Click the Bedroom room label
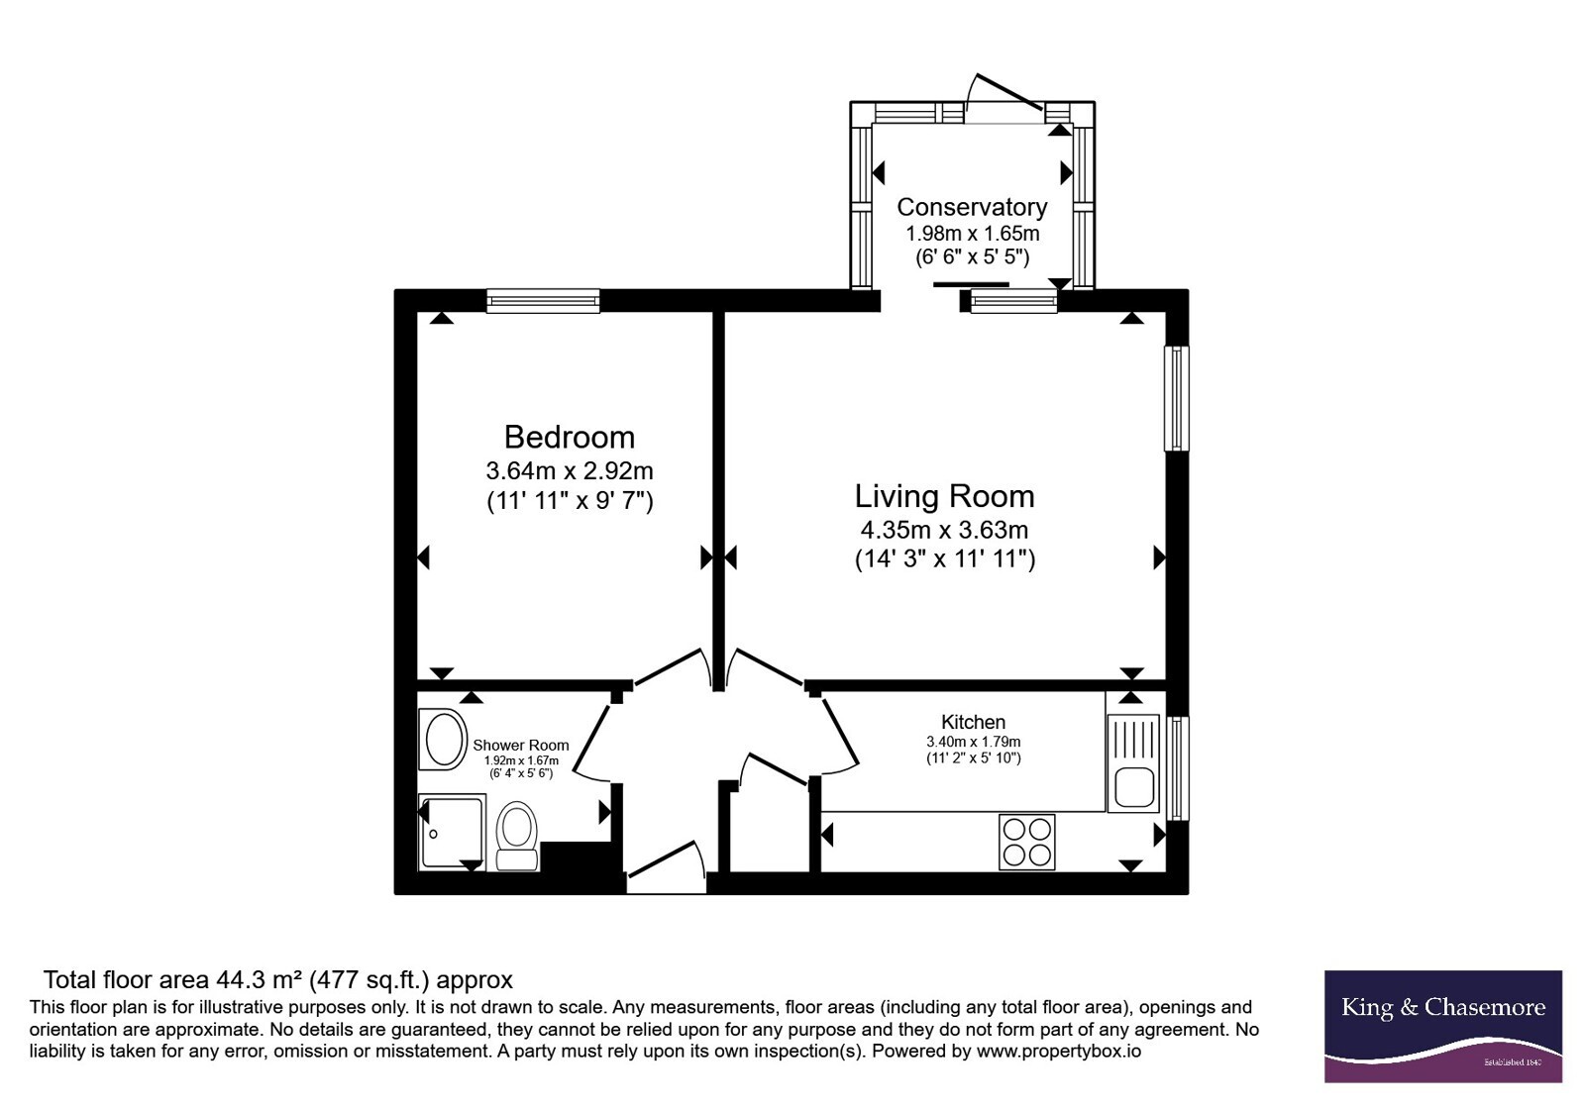click(569, 437)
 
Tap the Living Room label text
click(945, 496)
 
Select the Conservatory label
click(972, 207)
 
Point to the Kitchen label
click(973, 722)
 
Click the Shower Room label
click(521, 745)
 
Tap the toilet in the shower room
click(516, 836)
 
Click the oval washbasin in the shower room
click(444, 739)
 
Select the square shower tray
click(452, 832)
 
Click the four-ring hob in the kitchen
click(1026, 842)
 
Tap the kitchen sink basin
click(1134, 786)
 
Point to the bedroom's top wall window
click(543, 301)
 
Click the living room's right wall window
click(1177, 398)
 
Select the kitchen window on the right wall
click(1177, 768)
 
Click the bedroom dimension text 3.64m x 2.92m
click(569, 470)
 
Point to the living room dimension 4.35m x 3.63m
click(944, 529)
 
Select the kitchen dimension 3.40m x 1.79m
click(974, 742)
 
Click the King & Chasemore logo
click(1443, 1026)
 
